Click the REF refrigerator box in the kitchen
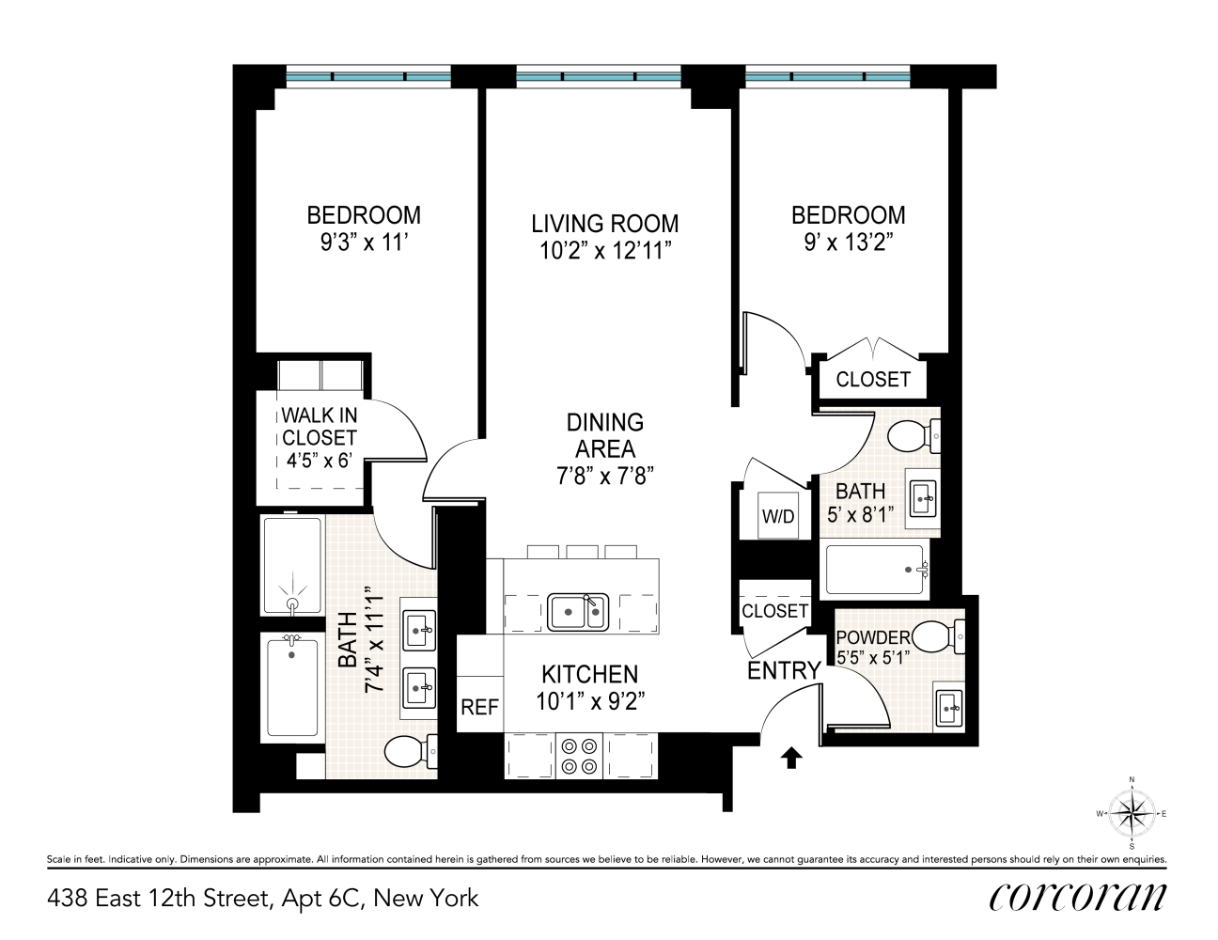pyautogui.click(x=479, y=707)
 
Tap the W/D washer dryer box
pyautogui.click(x=777, y=516)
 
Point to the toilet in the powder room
pyautogui.click(x=941, y=637)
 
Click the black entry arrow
pyautogui.click(x=790, y=757)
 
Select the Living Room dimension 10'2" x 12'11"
pyautogui.click(x=604, y=250)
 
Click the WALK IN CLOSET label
pyautogui.click(x=320, y=437)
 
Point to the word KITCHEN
pyautogui.click(x=589, y=674)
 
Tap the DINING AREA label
pyautogui.click(x=604, y=435)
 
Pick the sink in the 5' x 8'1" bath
pyautogui.click(x=922, y=494)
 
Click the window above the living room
pyautogui.click(x=599, y=77)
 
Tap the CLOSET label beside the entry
pyautogui.click(x=774, y=611)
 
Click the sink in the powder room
pyautogui.click(x=949, y=705)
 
